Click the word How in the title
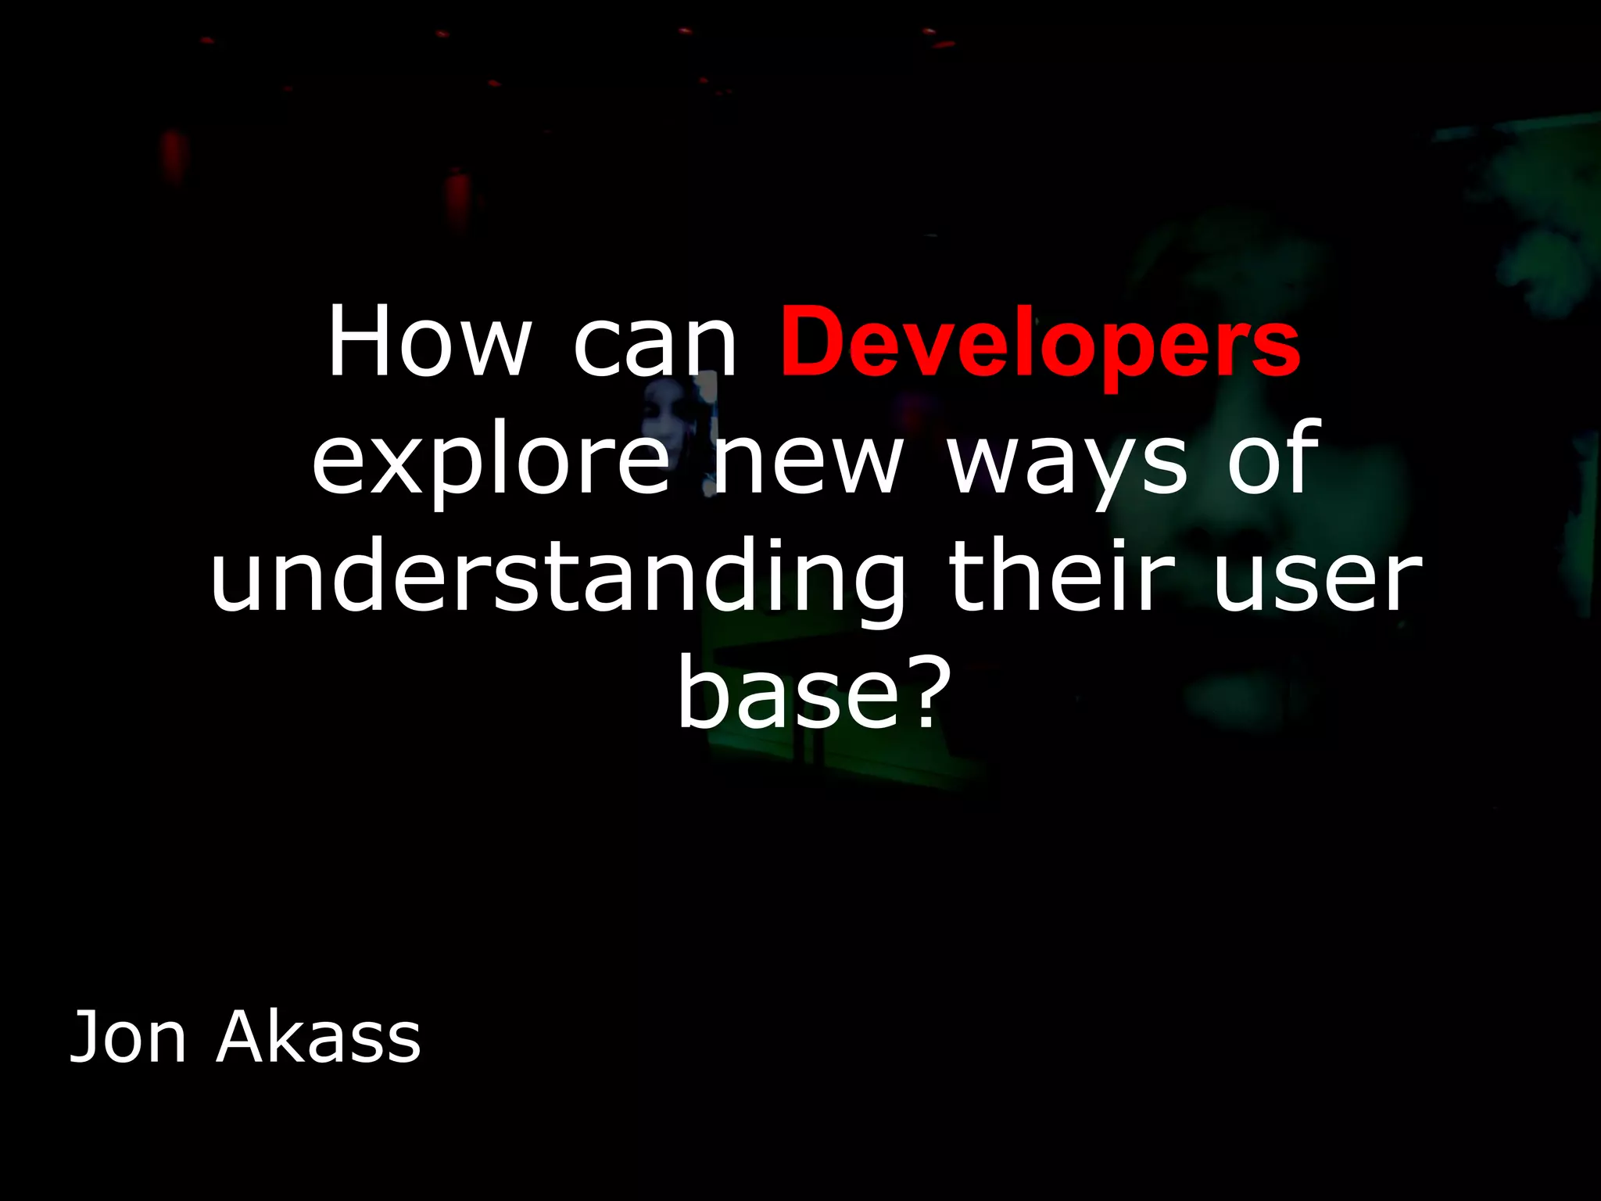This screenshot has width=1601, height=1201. tap(428, 342)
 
